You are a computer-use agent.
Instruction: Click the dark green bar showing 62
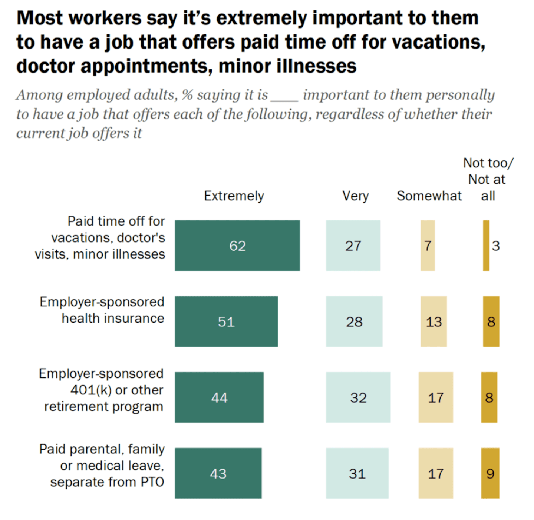pos(237,246)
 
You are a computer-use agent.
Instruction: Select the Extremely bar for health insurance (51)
pos(226,321)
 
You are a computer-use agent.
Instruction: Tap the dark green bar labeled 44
pos(219,397)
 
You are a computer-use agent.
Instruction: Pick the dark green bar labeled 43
pos(218,473)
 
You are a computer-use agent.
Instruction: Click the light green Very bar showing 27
pos(353,246)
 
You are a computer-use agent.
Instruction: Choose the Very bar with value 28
pos(354,321)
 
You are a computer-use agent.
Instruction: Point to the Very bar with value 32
pos(358,397)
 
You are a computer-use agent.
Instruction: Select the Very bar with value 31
pos(357,473)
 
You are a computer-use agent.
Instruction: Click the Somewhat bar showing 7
pos(428,246)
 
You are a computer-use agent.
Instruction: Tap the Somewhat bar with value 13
pos(434,321)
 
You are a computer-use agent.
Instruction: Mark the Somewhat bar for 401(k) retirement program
pos(436,397)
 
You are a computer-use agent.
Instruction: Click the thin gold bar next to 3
pos(486,246)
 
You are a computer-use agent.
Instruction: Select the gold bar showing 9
pos(490,473)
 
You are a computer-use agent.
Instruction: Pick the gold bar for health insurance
pos(491,321)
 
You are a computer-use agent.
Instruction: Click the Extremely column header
pos(234,196)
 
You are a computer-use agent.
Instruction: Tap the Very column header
pos(355,196)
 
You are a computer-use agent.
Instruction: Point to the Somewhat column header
pos(429,196)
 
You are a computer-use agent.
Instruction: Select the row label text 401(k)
pos(91,390)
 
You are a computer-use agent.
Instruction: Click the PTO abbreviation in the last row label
pos(152,482)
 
